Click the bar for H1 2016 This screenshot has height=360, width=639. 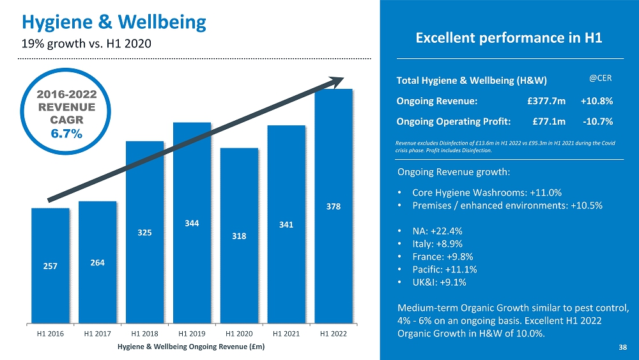coord(50,265)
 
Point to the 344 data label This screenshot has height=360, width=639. coord(192,224)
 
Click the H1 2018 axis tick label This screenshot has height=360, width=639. coord(144,334)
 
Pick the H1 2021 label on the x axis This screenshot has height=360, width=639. coord(286,334)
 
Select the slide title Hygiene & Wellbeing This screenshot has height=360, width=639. coord(114,22)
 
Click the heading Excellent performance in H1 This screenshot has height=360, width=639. coord(509,38)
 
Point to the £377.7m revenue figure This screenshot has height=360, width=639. coord(546,100)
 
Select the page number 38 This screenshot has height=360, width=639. coord(622,347)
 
